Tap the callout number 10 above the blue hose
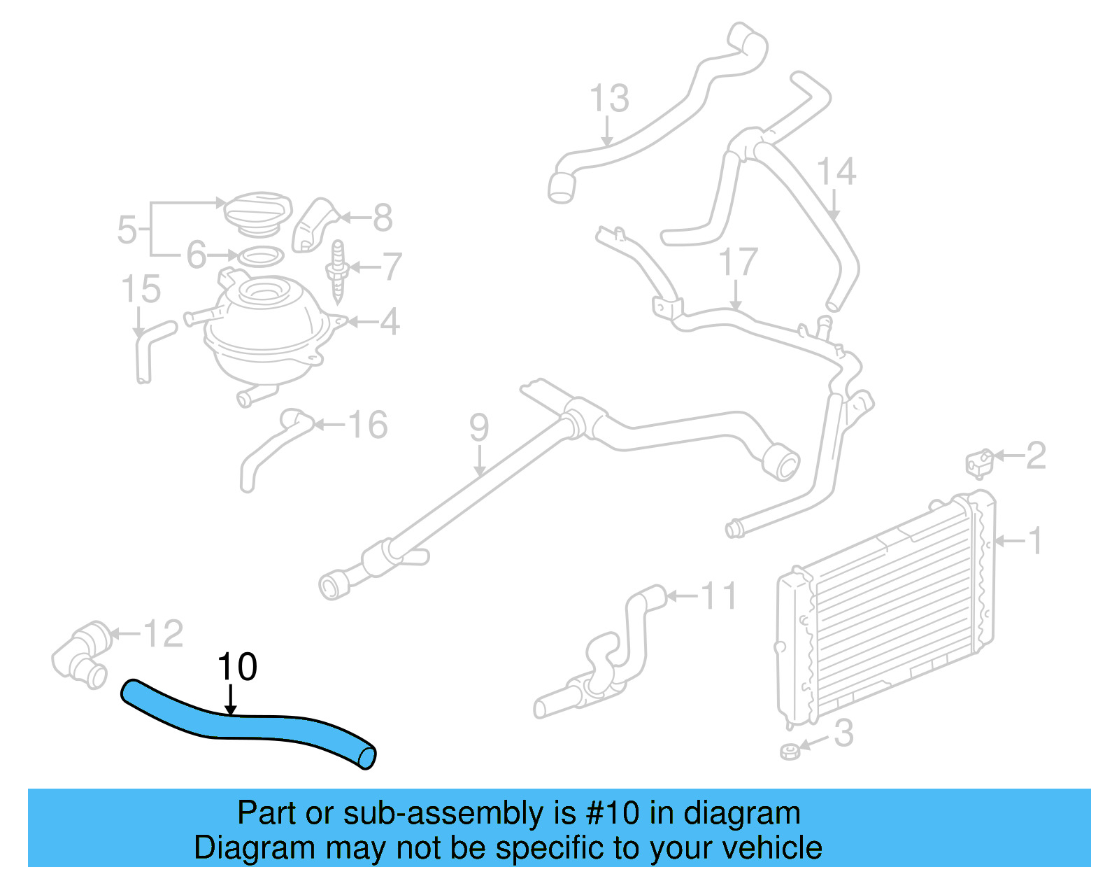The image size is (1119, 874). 237,667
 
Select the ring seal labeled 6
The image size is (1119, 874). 261,257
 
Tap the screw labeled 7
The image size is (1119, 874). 338,273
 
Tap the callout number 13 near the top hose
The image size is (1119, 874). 609,99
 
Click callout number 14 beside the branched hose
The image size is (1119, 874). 836,171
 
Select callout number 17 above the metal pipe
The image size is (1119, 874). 738,262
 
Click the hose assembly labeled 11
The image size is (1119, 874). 608,658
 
